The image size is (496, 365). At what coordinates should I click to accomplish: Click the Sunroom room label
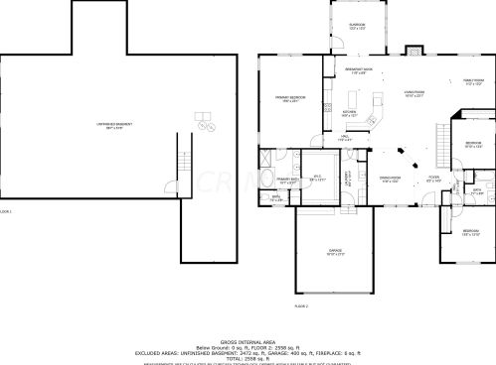[357, 25]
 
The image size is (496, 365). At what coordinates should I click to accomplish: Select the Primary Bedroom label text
[290, 97]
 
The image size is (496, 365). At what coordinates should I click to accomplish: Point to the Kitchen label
[349, 112]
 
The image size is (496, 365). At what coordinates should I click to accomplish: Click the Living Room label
[414, 92]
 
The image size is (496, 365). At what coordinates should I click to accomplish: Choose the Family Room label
[473, 81]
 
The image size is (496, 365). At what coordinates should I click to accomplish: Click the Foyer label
[433, 180]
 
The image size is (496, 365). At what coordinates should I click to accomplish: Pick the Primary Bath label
[285, 182]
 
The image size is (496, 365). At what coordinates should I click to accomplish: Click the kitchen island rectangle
[377, 103]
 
